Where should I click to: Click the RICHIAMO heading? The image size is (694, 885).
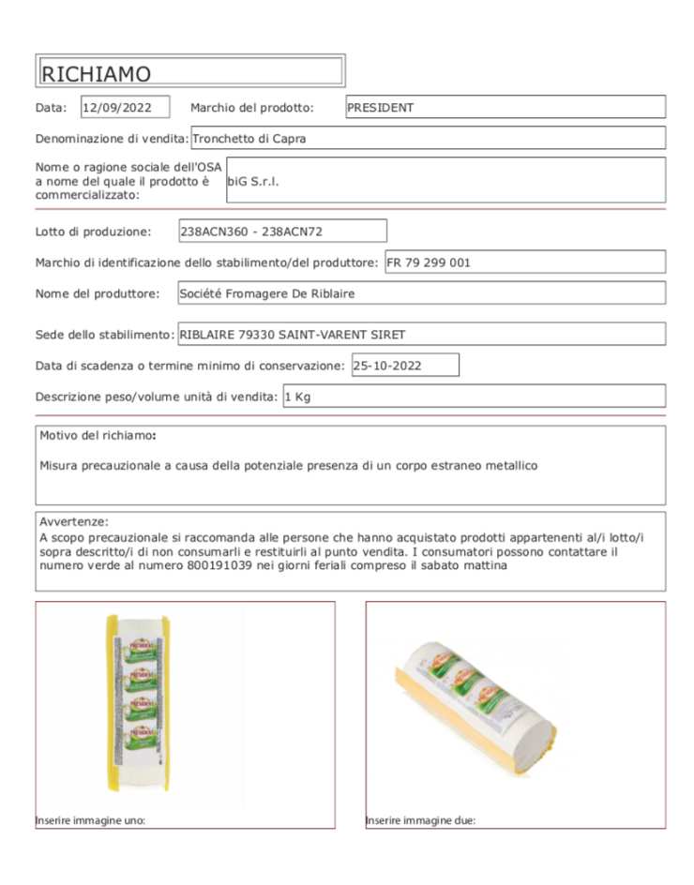(97, 73)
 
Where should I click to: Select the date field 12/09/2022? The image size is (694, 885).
(125, 108)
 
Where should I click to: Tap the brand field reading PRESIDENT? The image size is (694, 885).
(505, 108)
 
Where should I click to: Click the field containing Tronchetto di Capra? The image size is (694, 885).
(428, 139)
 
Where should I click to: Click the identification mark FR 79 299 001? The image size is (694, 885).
(524, 262)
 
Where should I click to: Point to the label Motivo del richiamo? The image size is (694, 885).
(98, 436)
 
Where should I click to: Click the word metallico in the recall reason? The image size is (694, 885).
(507, 465)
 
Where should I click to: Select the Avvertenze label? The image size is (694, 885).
(73, 521)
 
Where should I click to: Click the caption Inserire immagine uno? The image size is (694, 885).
(90, 820)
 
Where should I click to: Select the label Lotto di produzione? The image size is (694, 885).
(93, 232)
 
